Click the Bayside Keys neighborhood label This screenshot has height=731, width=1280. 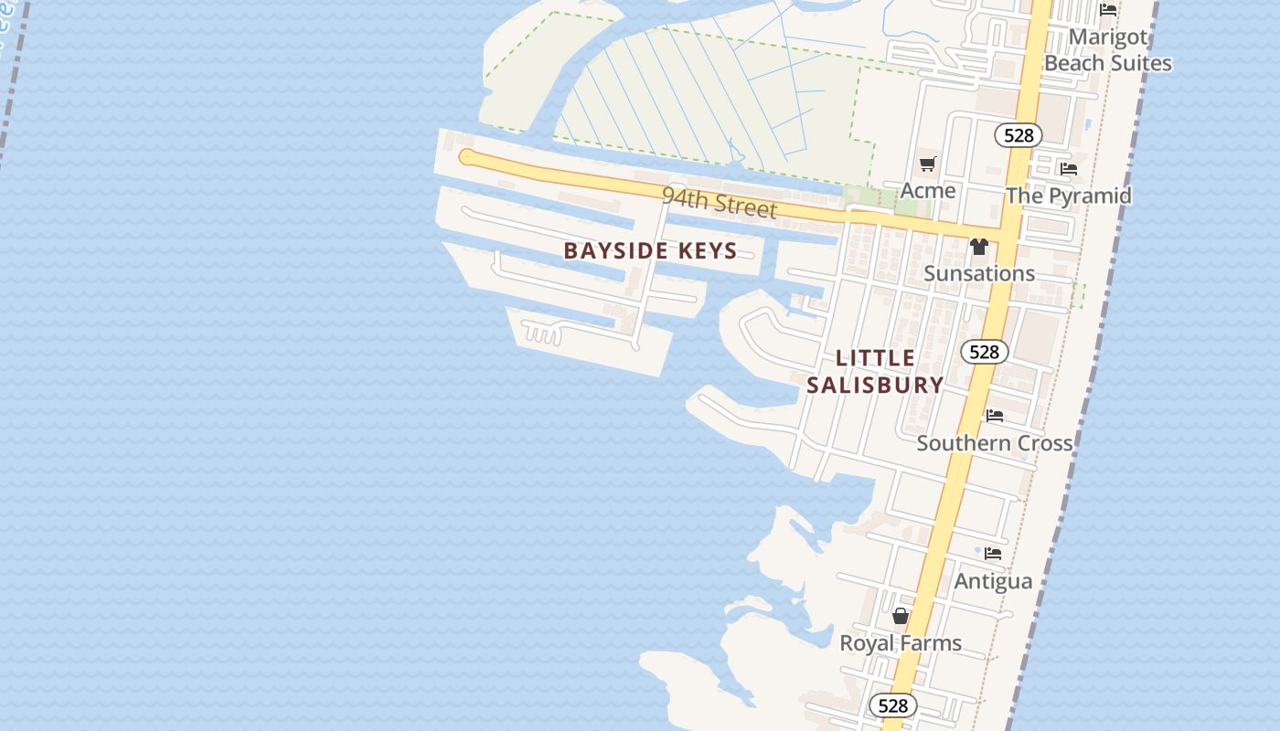(650, 250)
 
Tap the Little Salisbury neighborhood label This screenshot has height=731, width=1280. (875, 371)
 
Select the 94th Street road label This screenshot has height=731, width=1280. (720, 202)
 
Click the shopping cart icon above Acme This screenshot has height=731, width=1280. (928, 164)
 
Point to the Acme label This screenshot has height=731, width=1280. (928, 190)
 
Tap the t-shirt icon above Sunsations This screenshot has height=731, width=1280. (979, 247)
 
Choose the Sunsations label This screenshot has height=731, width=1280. (979, 273)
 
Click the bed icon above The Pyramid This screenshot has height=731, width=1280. (1068, 168)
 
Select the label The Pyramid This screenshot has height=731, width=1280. (1068, 196)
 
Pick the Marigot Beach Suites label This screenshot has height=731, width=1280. (1108, 50)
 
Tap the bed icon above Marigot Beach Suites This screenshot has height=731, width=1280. (1108, 10)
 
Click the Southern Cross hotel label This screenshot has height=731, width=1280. (994, 443)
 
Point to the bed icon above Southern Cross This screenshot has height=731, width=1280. (995, 416)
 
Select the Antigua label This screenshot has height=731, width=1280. (993, 581)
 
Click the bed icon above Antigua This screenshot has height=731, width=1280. (993, 554)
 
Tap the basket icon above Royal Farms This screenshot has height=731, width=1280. (901, 616)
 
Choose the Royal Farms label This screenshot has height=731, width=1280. (901, 643)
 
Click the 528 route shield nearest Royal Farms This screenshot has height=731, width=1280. (892, 705)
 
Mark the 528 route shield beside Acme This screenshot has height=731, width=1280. (1018, 136)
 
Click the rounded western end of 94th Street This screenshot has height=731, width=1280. (467, 157)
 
